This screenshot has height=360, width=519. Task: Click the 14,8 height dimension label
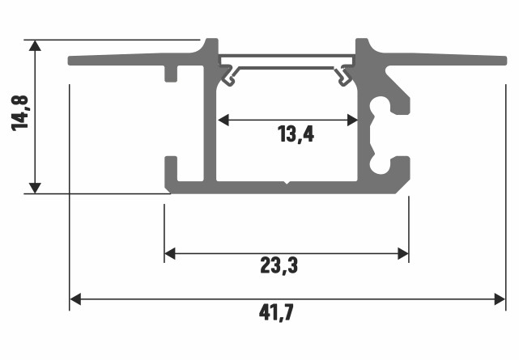click(x=21, y=113)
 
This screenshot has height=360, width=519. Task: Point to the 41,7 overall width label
click(x=278, y=311)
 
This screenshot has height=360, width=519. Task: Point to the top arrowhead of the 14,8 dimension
click(x=34, y=45)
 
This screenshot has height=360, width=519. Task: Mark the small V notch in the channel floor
click(x=287, y=184)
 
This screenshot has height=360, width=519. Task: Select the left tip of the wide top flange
click(x=71, y=61)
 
